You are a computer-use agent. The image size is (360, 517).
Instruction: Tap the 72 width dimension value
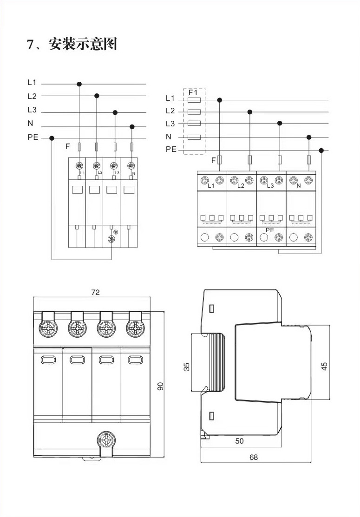click(x=95, y=292)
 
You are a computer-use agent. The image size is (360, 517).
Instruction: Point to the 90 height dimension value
click(x=160, y=386)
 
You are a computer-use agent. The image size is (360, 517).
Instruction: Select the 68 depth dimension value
click(x=253, y=457)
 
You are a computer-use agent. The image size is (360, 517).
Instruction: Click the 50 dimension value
click(x=239, y=441)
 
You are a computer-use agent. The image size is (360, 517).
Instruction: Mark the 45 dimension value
click(x=325, y=366)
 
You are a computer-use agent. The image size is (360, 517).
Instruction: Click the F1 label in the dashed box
click(x=194, y=92)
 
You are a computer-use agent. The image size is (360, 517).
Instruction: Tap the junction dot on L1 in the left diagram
click(x=79, y=84)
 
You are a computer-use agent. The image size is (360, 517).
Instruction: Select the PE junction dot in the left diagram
click(x=52, y=138)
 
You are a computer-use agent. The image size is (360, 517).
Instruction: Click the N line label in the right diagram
click(x=169, y=137)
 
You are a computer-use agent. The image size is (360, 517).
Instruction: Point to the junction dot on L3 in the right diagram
click(x=280, y=123)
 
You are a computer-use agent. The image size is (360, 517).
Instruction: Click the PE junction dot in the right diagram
click(x=321, y=150)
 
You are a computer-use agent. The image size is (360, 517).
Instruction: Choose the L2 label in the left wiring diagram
click(x=32, y=97)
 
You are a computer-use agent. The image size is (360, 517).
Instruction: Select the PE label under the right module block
click(x=269, y=229)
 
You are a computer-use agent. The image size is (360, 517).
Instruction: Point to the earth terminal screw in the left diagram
click(x=111, y=239)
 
